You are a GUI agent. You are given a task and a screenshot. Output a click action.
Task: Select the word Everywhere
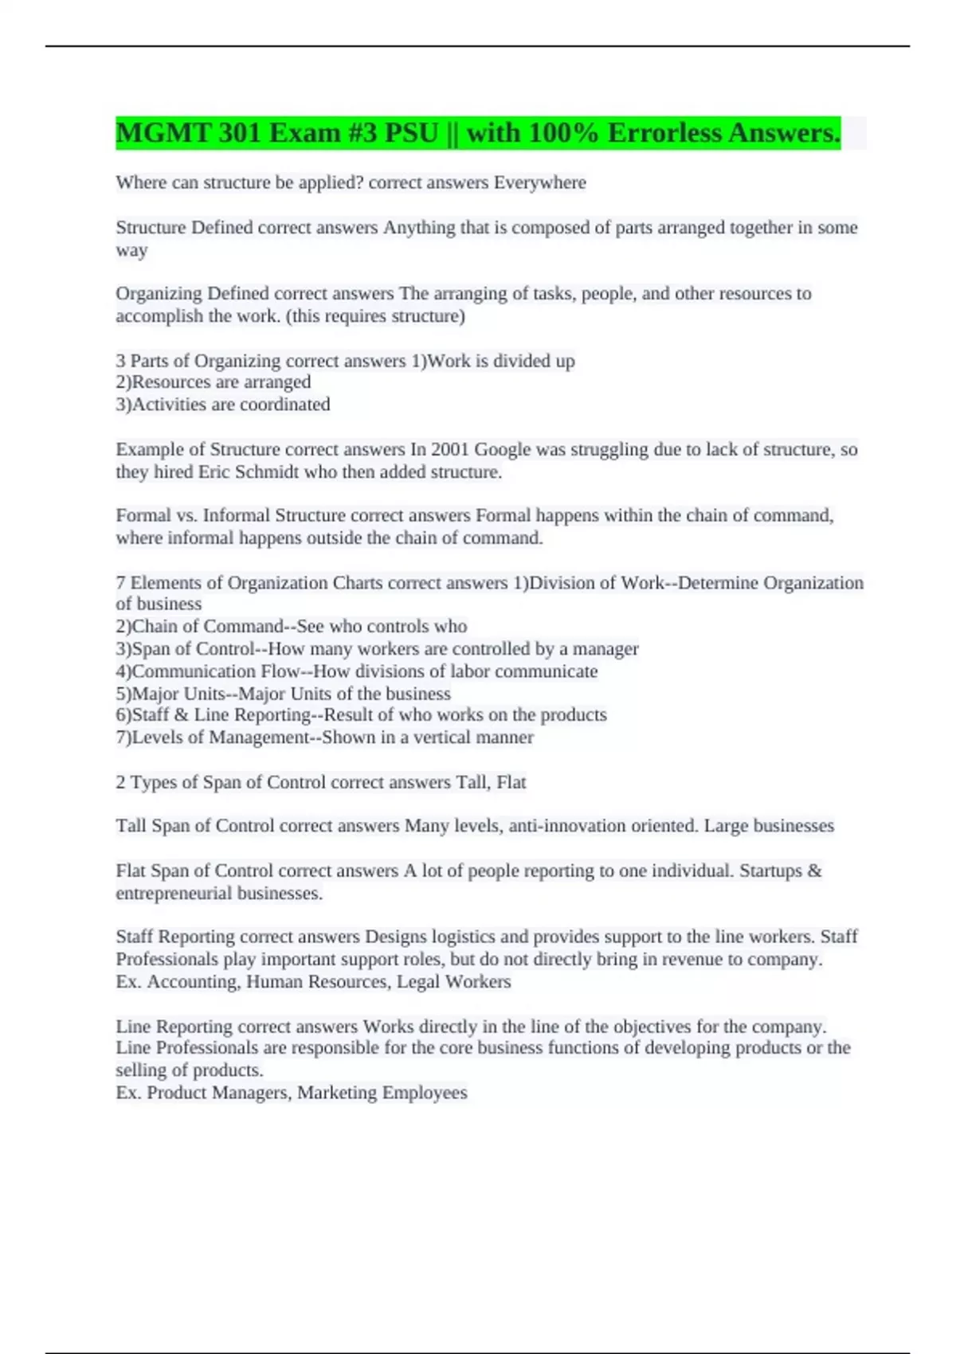539,182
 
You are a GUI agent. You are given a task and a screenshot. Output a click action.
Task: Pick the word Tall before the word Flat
472,782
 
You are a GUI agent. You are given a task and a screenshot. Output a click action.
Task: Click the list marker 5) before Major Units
123,694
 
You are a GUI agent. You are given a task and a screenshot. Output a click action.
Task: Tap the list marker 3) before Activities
123,405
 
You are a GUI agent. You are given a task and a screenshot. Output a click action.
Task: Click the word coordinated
284,405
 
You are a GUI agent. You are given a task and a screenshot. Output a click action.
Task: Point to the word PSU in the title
411,133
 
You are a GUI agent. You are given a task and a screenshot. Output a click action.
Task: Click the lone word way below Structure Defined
131,250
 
